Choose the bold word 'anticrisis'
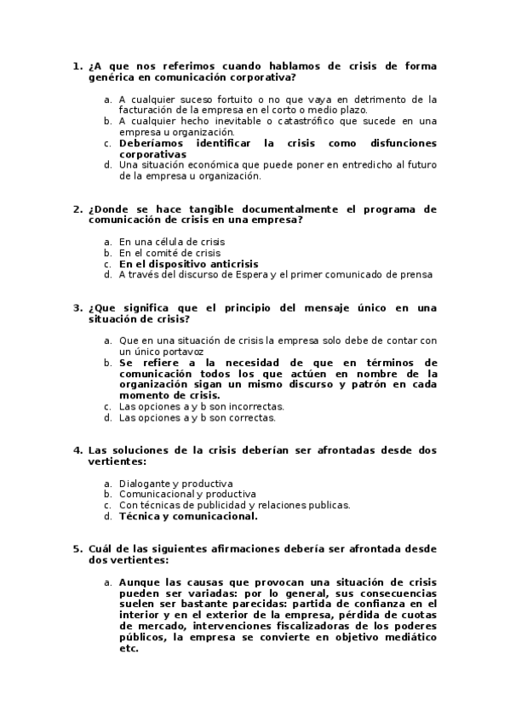tap(229, 264)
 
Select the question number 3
tap(77, 308)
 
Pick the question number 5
tap(77, 549)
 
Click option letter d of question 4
tap(107, 516)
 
